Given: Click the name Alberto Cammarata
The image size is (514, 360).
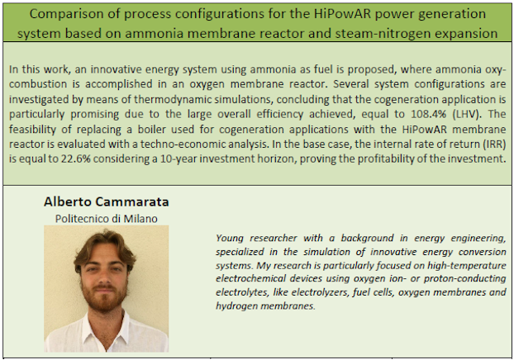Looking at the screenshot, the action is (107, 201).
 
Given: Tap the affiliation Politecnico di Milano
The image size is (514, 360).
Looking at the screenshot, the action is (107, 219).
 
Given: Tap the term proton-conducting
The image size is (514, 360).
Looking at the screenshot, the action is (464, 278).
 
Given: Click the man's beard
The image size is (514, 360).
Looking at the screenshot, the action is (104, 296).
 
